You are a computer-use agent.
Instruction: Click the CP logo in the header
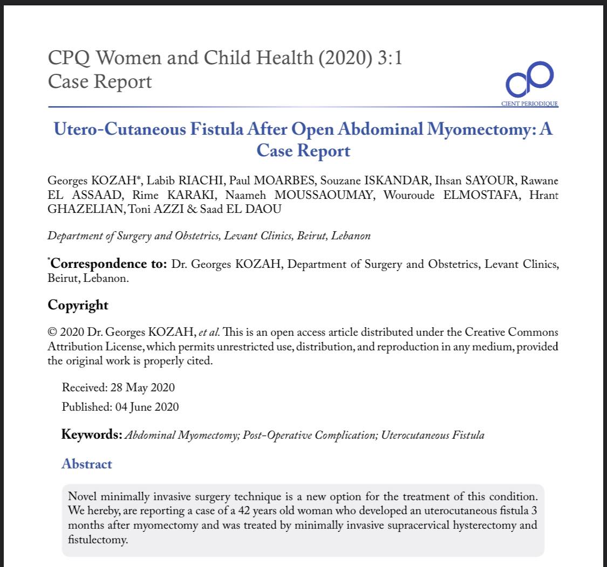click(529, 80)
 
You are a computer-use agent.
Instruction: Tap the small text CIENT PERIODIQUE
click(529, 103)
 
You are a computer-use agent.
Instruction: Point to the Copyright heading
click(78, 305)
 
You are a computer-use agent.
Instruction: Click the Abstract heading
click(87, 464)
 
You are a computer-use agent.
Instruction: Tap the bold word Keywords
click(91, 434)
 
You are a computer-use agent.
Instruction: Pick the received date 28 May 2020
click(142, 388)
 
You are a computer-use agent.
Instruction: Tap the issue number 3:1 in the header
click(389, 58)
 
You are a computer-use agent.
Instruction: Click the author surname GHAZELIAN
click(85, 210)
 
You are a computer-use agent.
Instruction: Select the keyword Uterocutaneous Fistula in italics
click(432, 435)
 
